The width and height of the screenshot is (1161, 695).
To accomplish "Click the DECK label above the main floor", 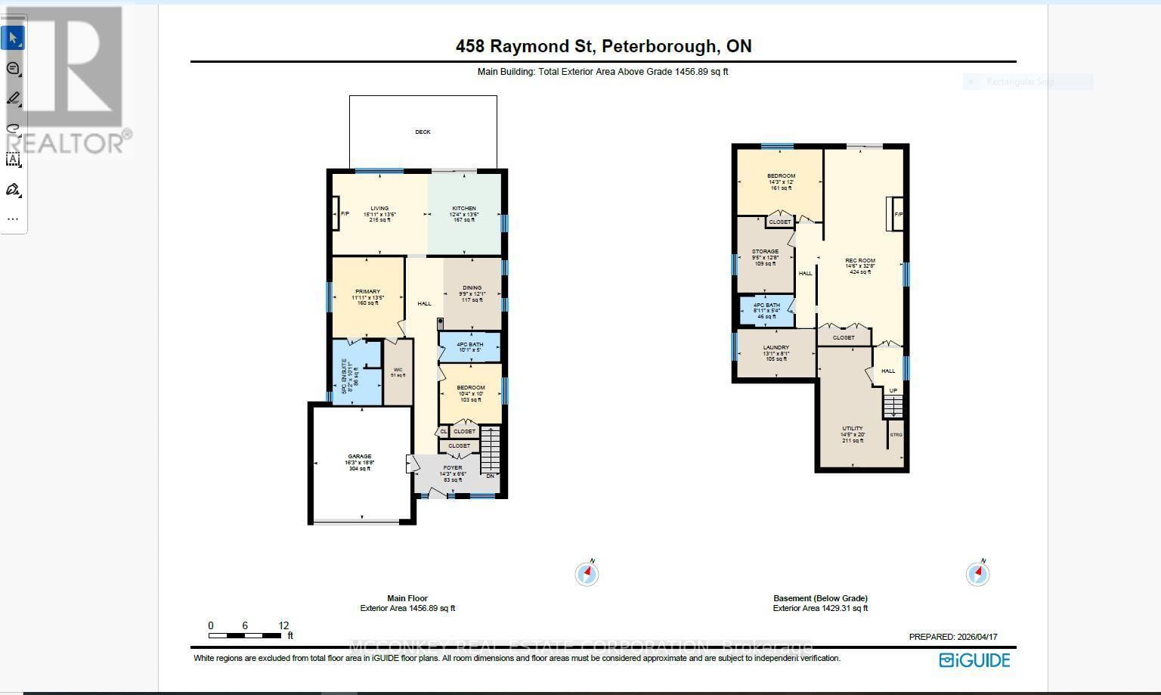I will coord(423,132).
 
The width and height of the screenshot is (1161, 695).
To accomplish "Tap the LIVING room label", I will coord(379,209).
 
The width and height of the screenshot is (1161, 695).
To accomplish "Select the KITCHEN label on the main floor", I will coord(464,209).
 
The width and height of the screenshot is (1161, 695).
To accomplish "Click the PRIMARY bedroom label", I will coord(367,292).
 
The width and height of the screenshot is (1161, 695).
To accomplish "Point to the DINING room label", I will coord(472,288).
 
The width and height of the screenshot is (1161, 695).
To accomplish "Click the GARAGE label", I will coord(359,457).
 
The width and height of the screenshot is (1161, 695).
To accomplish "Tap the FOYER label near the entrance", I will coord(452,468).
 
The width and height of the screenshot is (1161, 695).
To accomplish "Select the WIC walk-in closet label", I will coord(398,371).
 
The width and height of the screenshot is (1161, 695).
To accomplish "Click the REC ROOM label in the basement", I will coord(860,261).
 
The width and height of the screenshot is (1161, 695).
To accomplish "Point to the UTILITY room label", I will coord(853,429).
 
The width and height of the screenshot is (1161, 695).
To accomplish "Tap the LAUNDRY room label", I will coord(776,348).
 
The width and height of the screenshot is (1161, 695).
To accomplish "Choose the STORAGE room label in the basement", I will coord(765,252).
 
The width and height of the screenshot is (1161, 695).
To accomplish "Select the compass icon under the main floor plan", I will coord(587,574).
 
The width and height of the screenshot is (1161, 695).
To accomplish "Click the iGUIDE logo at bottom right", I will coord(974,660).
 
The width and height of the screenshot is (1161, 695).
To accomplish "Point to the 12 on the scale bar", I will coord(283,625).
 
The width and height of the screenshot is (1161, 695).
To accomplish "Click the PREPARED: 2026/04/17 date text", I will coord(952,637).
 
